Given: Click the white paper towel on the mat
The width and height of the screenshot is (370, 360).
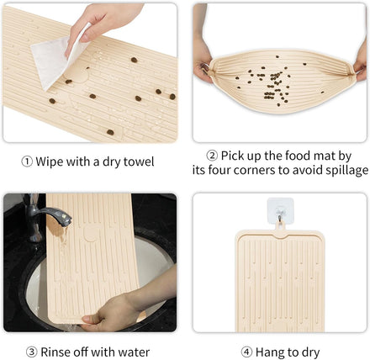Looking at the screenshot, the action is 53,61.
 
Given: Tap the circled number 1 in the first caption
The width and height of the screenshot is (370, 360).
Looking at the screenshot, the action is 27,162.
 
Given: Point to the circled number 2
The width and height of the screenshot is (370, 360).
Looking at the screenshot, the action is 212,156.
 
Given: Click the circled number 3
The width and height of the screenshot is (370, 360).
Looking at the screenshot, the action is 32,352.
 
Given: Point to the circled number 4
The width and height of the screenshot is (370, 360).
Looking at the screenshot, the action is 246,352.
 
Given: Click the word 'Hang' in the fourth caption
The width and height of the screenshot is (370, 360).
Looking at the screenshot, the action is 269,352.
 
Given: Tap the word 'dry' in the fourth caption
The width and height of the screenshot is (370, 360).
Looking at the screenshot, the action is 310,352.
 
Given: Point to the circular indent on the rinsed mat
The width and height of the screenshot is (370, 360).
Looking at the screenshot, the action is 92,232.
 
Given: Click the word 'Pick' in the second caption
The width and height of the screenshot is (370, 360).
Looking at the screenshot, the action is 233,156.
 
